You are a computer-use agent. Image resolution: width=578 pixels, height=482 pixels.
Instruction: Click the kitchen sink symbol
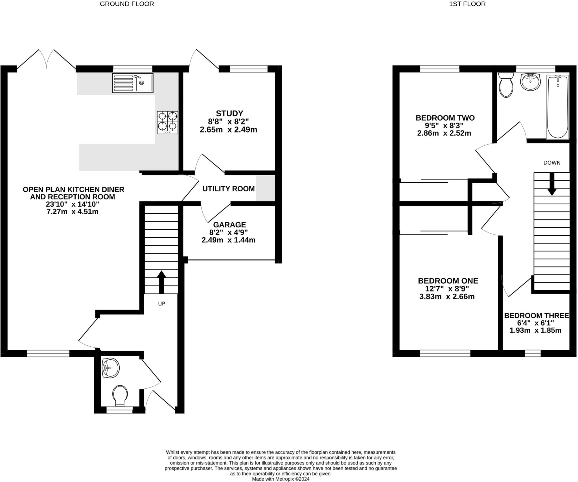coord(132,83)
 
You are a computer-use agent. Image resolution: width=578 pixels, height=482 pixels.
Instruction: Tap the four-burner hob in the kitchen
coord(168,122)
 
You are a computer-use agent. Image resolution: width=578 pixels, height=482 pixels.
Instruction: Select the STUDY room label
coord(229,113)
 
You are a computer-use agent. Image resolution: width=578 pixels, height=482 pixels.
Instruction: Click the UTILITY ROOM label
coord(228,189)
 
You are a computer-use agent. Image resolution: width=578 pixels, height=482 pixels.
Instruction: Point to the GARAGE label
coord(229,225)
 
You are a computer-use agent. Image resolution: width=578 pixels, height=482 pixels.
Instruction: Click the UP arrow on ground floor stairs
coord(161,282)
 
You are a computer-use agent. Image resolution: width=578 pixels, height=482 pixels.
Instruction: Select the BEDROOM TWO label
coord(445,118)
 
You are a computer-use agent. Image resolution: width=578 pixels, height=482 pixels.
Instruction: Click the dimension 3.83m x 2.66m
coord(447,297)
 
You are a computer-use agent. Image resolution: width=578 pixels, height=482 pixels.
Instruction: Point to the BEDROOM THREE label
coord(536,315)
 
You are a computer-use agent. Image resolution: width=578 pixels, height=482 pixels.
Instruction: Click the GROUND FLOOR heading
coord(127,4)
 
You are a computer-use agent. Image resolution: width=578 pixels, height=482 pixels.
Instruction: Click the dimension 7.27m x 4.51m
coord(73,211)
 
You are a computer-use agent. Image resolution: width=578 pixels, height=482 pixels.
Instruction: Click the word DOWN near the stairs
coord(552,163)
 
